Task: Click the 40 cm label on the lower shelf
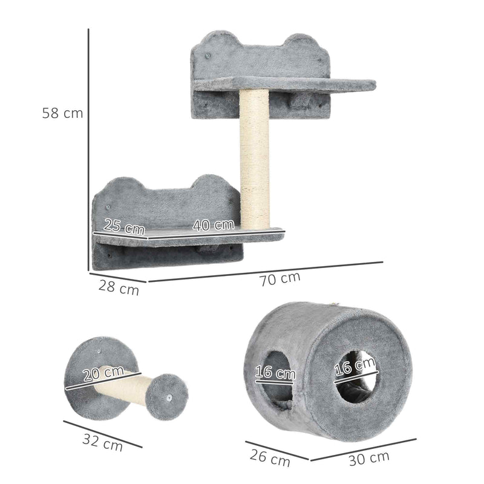(x=213, y=224)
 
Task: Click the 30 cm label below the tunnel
(x=369, y=457)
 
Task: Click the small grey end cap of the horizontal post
(x=170, y=396)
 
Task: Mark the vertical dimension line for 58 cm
(x=88, y=151)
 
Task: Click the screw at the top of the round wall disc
(x=99, y=350)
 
